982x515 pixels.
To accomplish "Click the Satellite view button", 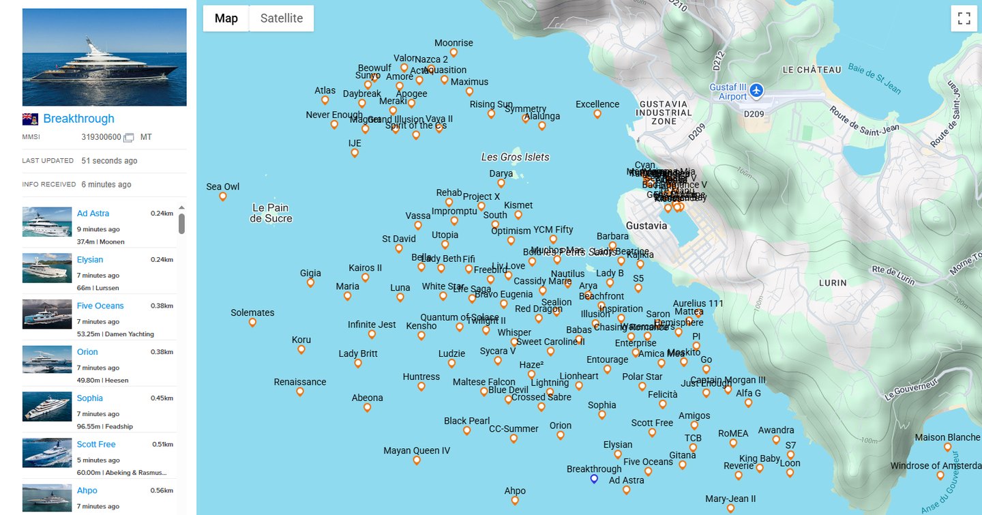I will [x=281, y=18].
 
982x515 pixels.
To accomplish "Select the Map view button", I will [x=226, y=18].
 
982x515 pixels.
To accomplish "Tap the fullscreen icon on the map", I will [x=964, y=18].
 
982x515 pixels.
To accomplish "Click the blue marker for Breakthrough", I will [x=594, y=479].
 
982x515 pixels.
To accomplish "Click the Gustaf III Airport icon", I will [x=756, y=90].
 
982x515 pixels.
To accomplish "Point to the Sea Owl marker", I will [x=222, y=196].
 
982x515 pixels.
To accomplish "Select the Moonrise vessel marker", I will [x=453, y=53].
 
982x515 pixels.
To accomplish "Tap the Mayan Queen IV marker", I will [x=417, y=460].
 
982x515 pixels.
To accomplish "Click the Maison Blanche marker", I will [x=947, y=447].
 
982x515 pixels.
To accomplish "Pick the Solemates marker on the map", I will [x=252, y=322].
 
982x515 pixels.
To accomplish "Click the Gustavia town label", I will [x=646, y=226].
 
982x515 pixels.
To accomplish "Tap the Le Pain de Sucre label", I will [x=271, y=213].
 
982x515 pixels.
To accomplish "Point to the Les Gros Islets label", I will [x=515, y=157].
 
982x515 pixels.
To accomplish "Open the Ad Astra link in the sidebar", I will [x=93, y=214].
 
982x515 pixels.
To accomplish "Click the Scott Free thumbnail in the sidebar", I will [x=47, y=452].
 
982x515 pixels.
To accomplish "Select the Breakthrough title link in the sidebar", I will [x=78, y=119].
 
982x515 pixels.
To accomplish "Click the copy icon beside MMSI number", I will [x=128, y=138].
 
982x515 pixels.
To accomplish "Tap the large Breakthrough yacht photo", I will [x=104, y=57].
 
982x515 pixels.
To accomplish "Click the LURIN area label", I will [x=833, y=282].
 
